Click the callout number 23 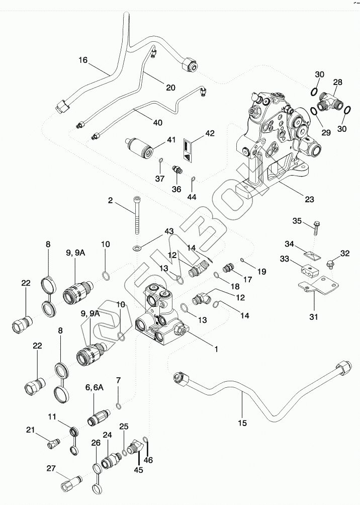click(309, 199)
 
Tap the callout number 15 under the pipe click(242, 423)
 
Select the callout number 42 click(210, 133)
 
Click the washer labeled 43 click(138, 248)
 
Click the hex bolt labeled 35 click(316, 229)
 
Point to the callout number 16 click(83, 60)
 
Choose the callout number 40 click(158, 122)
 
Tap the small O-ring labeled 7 click(118, 405)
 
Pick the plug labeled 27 click(71, 483)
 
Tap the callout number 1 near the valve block click(216, 349)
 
